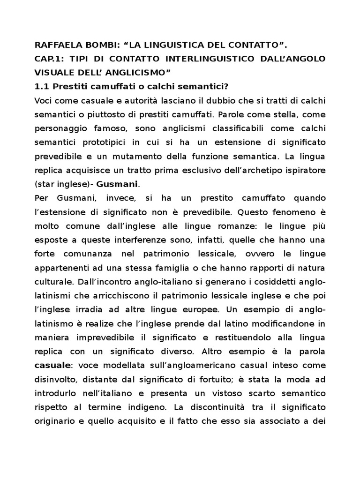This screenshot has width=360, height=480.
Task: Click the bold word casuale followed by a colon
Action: point(52,365)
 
